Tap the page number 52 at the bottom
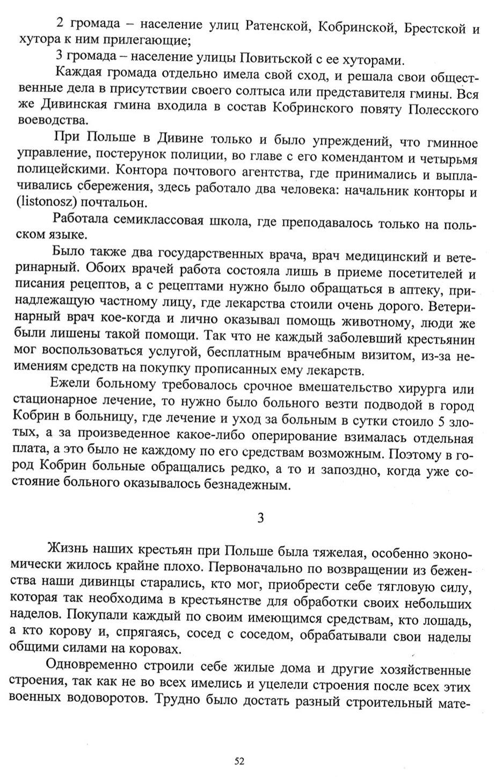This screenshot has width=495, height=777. point(239,761)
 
